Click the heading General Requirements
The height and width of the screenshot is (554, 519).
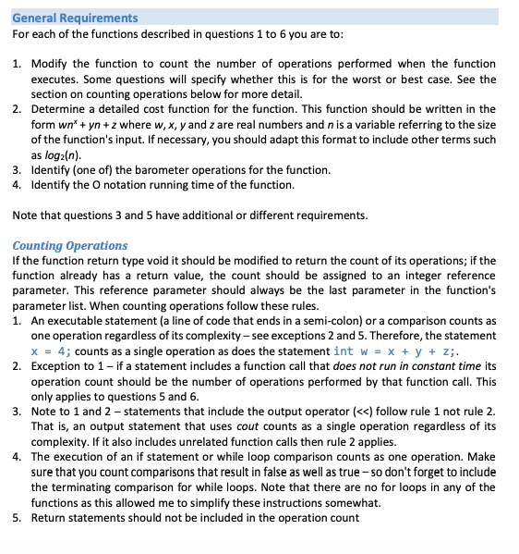click(75, 18)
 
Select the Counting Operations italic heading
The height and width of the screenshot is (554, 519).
click(70, 245)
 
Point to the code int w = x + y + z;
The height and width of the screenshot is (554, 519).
click(396, 351)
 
